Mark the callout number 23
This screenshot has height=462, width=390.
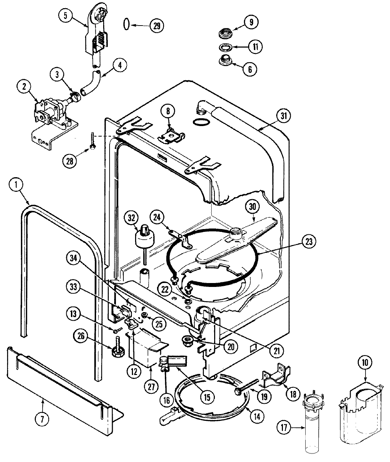point(308,242)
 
